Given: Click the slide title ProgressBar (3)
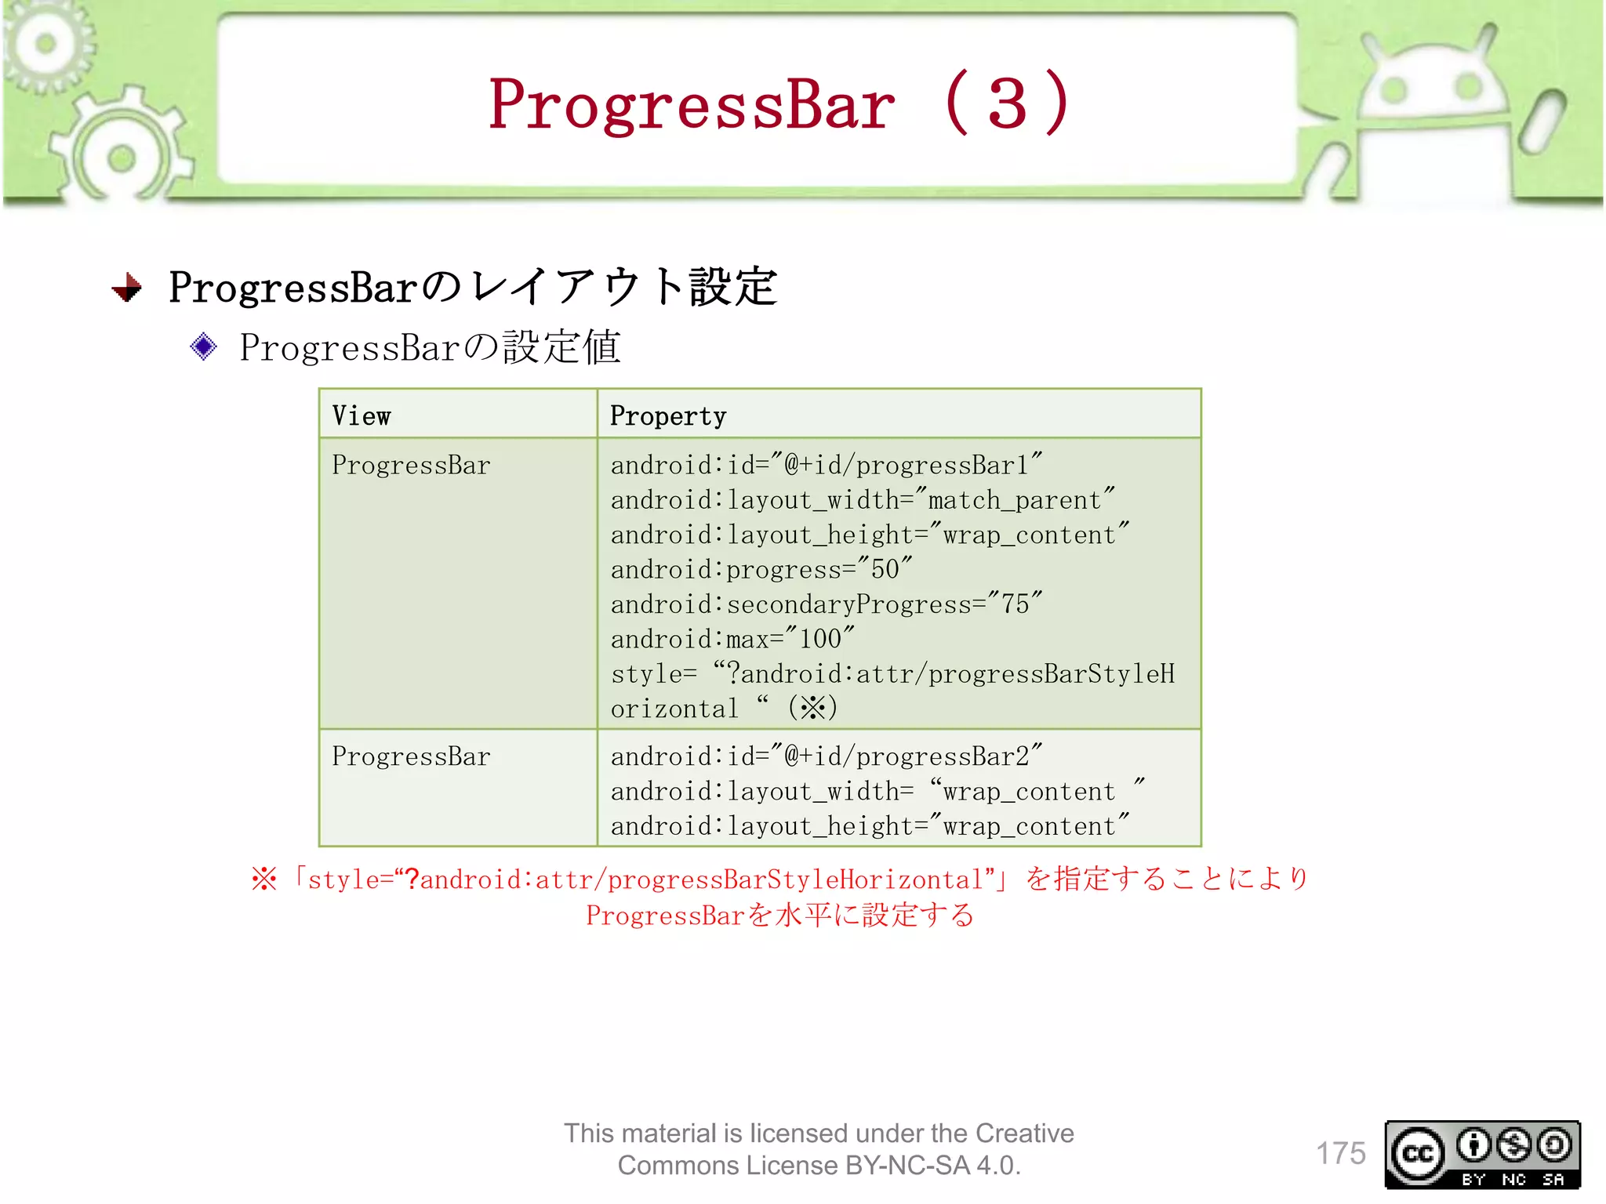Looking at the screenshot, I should (778, 103).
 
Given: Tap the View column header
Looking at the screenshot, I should (362, 415).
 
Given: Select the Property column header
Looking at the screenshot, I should (668, 415).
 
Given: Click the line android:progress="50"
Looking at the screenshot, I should (761, 569).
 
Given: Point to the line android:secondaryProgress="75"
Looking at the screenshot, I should (826, 604).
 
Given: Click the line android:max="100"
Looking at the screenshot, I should (732, 639).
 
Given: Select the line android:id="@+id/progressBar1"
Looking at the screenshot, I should (826, 465).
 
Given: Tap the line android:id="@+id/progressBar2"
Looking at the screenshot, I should (826, 756).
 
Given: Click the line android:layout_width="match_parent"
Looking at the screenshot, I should (862, 500).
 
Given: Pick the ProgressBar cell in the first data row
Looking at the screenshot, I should (411, 466).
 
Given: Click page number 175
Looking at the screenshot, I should (1340, 1153).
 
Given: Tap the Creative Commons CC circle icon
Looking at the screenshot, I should (1416, 1154).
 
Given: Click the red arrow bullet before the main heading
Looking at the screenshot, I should (127, 288).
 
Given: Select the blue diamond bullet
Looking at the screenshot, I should (203, 346).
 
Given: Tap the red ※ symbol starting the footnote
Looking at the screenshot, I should (264, 879).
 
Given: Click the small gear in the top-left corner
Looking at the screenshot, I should (45, 43).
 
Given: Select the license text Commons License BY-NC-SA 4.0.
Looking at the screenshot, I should (819, 1166).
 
